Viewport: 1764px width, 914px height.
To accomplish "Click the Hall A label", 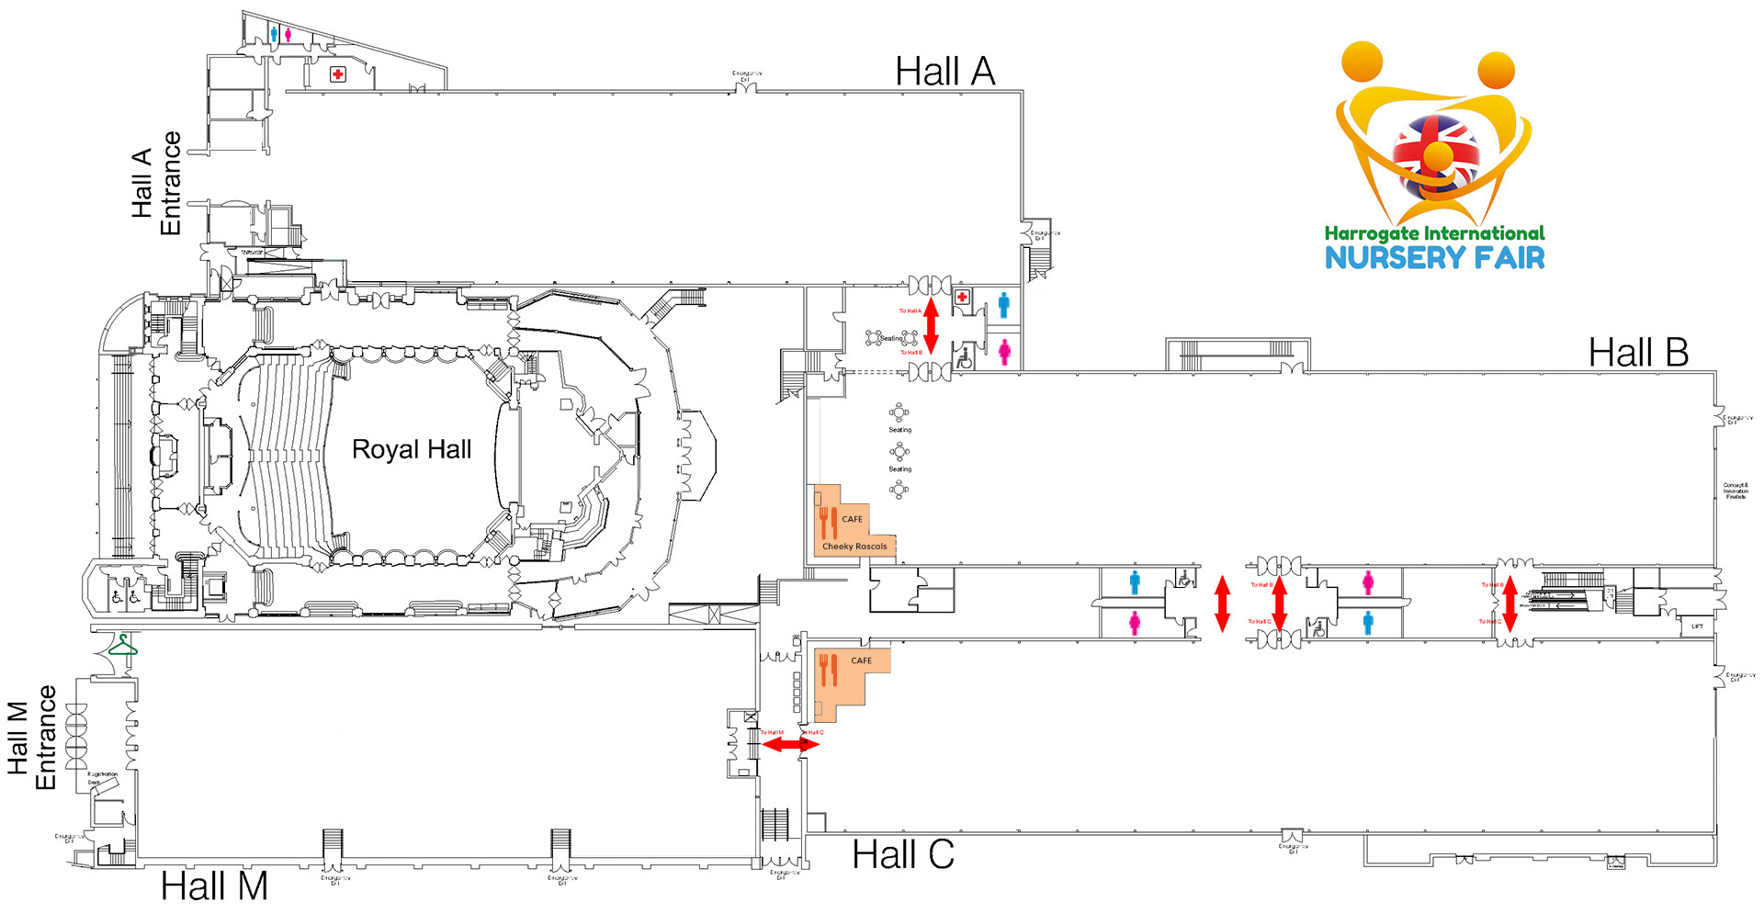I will [x=944, y=72].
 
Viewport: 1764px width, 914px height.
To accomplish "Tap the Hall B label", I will [x=1638, y=353].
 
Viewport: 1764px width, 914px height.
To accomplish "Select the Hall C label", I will [x=902, y=855].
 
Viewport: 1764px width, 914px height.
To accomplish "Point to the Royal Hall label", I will [x=412, y=449].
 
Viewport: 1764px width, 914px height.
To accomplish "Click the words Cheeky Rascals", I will [x=854, y=547].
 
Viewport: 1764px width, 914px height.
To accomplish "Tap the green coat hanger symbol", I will [x=122, y=647].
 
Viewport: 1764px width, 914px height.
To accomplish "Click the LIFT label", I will [x=1697, y=626].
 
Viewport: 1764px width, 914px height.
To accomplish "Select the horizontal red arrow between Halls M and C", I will [x=790, y=744].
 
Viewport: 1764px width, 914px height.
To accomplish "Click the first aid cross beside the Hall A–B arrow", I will [x=962, y=297].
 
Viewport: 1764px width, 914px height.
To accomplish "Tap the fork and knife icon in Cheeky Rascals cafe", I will [x=828, y=522].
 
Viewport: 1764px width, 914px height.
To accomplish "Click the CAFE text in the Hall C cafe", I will [x=861, y=660].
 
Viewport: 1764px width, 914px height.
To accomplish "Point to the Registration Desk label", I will [x=103, y=778].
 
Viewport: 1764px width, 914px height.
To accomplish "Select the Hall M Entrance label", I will [x=32, y=738].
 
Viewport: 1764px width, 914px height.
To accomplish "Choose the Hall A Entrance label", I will [x=156, y=184].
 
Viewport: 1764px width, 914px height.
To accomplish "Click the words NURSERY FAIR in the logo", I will [x=1434, y=258].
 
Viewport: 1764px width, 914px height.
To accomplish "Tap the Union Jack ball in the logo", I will [x=1435, y=154].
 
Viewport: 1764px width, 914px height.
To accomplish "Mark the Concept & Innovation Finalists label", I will [x=1736, y=491].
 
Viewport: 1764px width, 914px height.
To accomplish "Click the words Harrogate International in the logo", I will [x=1434, y=233].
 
